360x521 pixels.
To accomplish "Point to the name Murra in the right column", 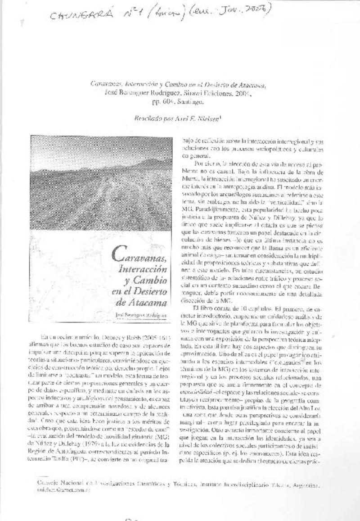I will tap(189, 180).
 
